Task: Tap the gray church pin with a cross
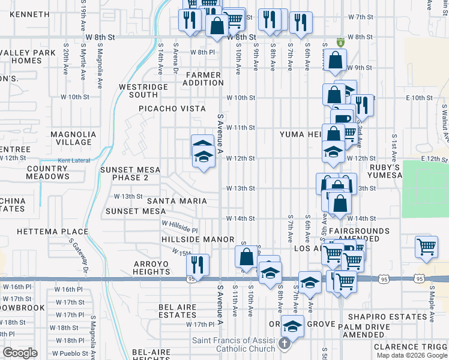287,345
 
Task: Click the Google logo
20,353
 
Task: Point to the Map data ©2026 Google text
412,355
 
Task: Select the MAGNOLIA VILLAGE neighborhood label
73,138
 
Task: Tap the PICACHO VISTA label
173,109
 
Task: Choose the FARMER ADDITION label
203,79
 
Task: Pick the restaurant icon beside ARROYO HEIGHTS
197,263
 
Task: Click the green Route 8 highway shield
341,43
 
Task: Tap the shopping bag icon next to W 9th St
335,60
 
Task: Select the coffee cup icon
342,118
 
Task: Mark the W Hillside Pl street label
179,226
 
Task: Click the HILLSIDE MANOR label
197,239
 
